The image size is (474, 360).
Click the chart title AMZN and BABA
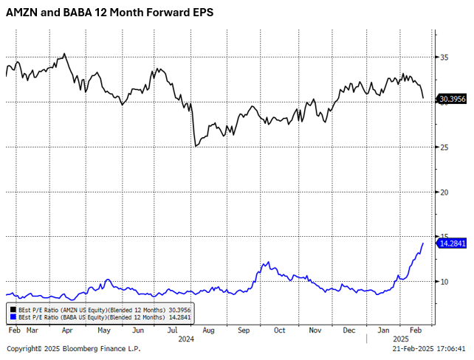coord(110,13)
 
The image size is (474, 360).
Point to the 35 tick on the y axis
coord(444,58)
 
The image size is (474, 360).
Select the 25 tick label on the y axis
coord(444,147)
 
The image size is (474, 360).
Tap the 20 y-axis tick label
coord(444,192)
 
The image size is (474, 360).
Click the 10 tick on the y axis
coord(444,281)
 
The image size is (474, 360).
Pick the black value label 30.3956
coord(453,97)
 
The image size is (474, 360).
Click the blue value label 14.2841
coord(453,243)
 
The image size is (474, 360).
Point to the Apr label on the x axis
coord(67,330)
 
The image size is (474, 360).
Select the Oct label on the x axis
coord(279,330)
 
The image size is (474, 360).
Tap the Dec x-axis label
coord(348,330)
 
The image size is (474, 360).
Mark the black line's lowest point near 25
coord(196,146)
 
